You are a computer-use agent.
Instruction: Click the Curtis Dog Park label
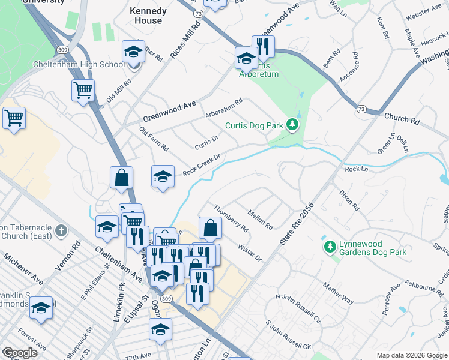coord(254,125)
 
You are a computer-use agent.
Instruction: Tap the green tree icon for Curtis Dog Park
coord(292,125)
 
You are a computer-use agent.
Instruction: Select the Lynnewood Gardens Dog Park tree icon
coord(329,247)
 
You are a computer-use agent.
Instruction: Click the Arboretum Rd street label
coord(223,109)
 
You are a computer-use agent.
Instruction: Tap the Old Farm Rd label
coord(154,139)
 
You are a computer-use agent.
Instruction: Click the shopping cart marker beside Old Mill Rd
coord(83,91)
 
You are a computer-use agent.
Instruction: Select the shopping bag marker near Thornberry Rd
coord(210,228)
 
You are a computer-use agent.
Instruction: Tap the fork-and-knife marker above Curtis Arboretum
coord(263,46)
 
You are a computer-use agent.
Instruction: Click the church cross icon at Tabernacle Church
coord(62,231)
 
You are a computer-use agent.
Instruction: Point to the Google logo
coord(20,353)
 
